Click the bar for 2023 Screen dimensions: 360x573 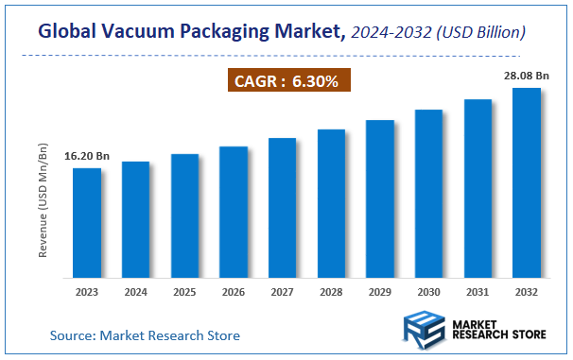(87, 223)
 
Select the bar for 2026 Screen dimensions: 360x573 (234, 212)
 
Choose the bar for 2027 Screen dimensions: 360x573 (283, 208)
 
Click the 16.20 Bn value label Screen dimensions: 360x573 (86, 155)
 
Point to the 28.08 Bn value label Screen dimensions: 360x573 (525, 75)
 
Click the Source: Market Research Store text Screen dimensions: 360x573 (145, 335)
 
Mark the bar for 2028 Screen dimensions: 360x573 (331, 203)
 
